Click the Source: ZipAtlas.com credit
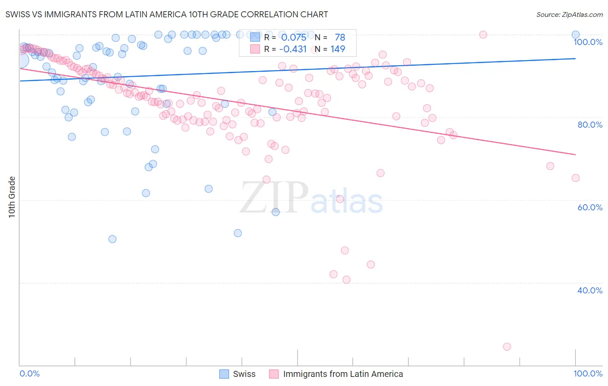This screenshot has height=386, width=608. [x=569, y=14]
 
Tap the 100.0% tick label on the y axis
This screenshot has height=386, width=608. [x=588, y=42]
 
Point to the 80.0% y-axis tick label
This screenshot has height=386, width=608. [x=589, y=125]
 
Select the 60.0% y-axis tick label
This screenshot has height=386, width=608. [x=589, y=207]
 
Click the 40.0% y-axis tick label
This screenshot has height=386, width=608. [x=589, y=290]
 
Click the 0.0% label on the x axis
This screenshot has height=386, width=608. [x=29, y=373]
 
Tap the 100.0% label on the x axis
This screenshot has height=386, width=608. [x=588, y=373]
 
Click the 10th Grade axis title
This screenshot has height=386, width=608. [x=12, y=197]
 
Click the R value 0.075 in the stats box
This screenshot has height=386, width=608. [x=294, y=38]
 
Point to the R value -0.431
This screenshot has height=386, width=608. [x=293, y=49]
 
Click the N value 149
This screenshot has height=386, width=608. [x=338, y=49]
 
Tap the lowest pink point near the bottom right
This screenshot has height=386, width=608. [x=507, y=347]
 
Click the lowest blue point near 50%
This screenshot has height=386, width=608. [x=112, y=239]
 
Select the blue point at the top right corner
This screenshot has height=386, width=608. [x=575, y=35]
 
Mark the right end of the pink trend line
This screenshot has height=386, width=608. [x=575, y=154]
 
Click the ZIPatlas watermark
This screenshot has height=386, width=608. [x=311, y=198]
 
